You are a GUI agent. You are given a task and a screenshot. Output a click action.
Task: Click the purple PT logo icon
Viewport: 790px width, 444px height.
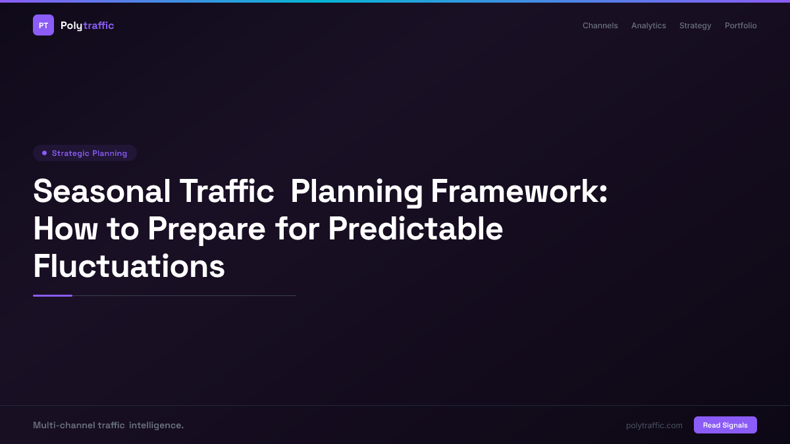(x=43, y=25)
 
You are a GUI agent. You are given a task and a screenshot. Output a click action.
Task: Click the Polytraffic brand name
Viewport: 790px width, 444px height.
(x=87, y=26)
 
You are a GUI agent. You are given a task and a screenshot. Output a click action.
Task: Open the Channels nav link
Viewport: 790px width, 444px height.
(x=600, y=26)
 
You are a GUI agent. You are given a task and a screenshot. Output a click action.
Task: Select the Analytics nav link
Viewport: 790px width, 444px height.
(x=648, y=26)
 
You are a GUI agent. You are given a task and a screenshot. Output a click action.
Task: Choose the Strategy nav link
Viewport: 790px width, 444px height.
(x=695, y=26)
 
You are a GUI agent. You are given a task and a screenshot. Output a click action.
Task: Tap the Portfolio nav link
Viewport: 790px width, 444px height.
(x=741, y=26)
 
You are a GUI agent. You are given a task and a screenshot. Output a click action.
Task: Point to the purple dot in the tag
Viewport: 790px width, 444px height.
(x=44, y=153)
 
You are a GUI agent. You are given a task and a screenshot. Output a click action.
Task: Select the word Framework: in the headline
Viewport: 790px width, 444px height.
(x=519, y=192)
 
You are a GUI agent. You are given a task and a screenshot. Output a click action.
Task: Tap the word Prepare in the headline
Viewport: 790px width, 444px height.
(x=206, y=229)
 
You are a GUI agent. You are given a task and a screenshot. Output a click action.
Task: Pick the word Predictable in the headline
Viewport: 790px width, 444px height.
(x=415, y=229)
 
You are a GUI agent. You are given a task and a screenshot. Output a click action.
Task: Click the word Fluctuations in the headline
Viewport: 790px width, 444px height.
(x=129, y=266)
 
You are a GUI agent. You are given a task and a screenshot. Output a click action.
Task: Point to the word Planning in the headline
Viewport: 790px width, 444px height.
(x=356, y=192)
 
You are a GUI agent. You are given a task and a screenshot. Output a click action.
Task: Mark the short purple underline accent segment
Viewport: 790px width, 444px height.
(x=53, y=295)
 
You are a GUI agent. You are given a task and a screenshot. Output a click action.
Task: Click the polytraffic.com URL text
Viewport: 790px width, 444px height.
(x=654, y=426)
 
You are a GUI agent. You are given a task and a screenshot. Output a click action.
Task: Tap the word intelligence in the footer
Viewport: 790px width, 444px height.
(x=156, y=426)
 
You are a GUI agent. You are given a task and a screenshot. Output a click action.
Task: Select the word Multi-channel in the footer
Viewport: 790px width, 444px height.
(x=63, y=426)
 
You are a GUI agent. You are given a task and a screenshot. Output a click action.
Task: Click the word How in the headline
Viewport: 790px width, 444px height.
(x=65, y=229)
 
